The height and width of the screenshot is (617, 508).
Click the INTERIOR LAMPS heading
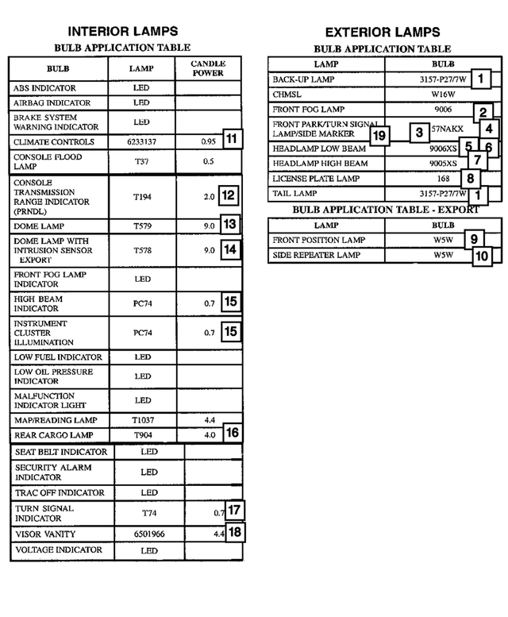(121, 32)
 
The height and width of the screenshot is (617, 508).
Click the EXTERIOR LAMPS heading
(382, 33)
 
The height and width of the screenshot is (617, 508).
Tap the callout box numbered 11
(231, 139)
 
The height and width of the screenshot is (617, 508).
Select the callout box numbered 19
(379, 136)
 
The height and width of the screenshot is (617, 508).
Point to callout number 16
(231, 433)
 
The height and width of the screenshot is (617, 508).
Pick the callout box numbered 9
(473, 239)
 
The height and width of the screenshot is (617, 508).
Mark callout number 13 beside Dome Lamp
(229, 225)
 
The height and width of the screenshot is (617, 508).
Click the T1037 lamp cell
(142, 420)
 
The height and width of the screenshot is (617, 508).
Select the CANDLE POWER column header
(209, 68)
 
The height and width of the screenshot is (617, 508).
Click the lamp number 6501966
(148, 534)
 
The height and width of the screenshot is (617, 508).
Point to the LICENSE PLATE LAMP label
(316, 179)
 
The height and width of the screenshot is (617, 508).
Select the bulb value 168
(443, 179)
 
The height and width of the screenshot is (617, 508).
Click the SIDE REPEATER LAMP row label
(316, 256)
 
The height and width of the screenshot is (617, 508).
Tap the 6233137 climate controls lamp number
(142, 142)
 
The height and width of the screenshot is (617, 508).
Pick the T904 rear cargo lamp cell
(142, 435)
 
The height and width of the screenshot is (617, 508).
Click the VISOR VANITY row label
(45, 534)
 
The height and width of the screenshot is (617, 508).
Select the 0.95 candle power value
(209, 142)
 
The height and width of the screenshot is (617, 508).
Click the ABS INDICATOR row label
(44, 88)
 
